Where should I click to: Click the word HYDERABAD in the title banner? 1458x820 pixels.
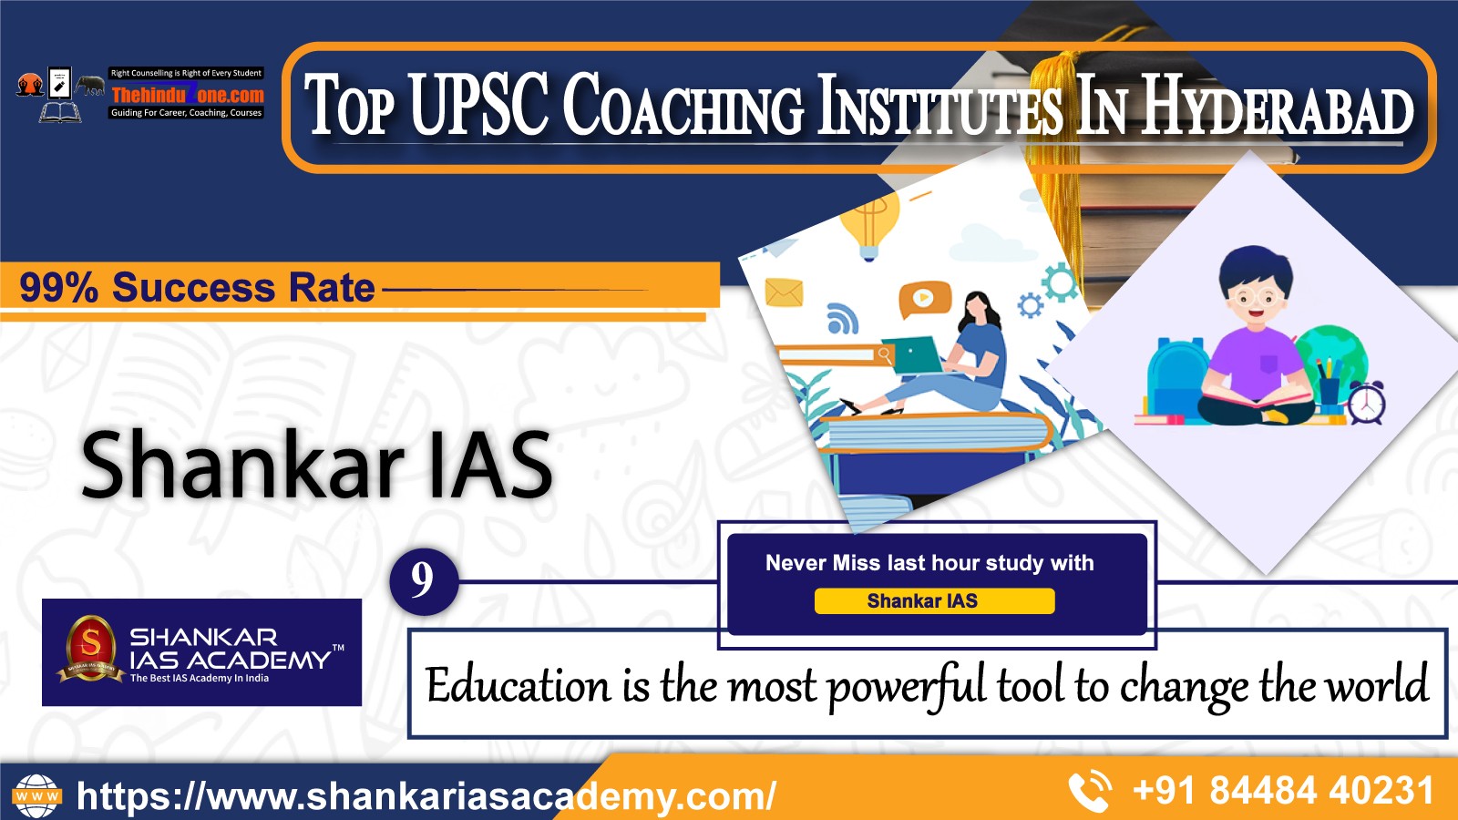tap(1277, 106)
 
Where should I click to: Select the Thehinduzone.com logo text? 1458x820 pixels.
tap(188, 95)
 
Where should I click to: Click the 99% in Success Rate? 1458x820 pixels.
tap(58, 288)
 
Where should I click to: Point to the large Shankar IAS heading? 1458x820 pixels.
tap(317, 465)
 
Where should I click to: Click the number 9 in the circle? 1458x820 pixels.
tap(423, 579)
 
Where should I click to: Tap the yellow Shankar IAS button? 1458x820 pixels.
tap(934, 600)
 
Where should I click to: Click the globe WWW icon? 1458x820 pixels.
tap(37, 795)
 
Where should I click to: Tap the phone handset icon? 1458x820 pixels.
tap(1090, 791)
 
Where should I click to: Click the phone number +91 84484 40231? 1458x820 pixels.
tap(1283, 791)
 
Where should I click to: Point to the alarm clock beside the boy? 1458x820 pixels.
tap(1366, 403)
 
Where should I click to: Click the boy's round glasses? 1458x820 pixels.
tap(1257, 298)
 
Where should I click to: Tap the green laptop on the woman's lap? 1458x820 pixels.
tap(912, 355)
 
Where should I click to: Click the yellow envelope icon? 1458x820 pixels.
tap(784, 292)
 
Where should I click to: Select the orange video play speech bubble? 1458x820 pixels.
tap(924, 299)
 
